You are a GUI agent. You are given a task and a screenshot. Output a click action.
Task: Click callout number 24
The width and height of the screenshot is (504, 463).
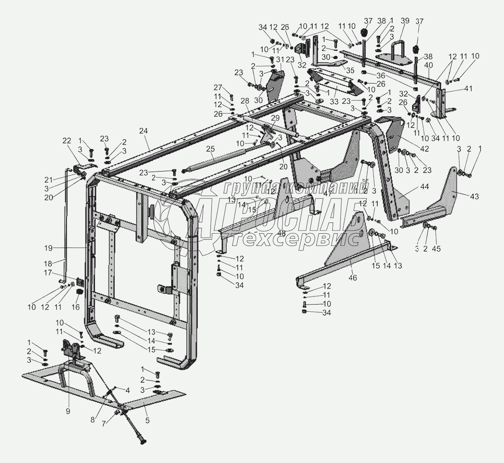(144, 132)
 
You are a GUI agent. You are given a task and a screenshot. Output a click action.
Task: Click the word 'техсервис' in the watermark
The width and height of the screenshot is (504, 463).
(291, 239)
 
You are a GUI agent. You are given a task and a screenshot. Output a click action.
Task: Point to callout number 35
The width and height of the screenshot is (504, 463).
(350, 70)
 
